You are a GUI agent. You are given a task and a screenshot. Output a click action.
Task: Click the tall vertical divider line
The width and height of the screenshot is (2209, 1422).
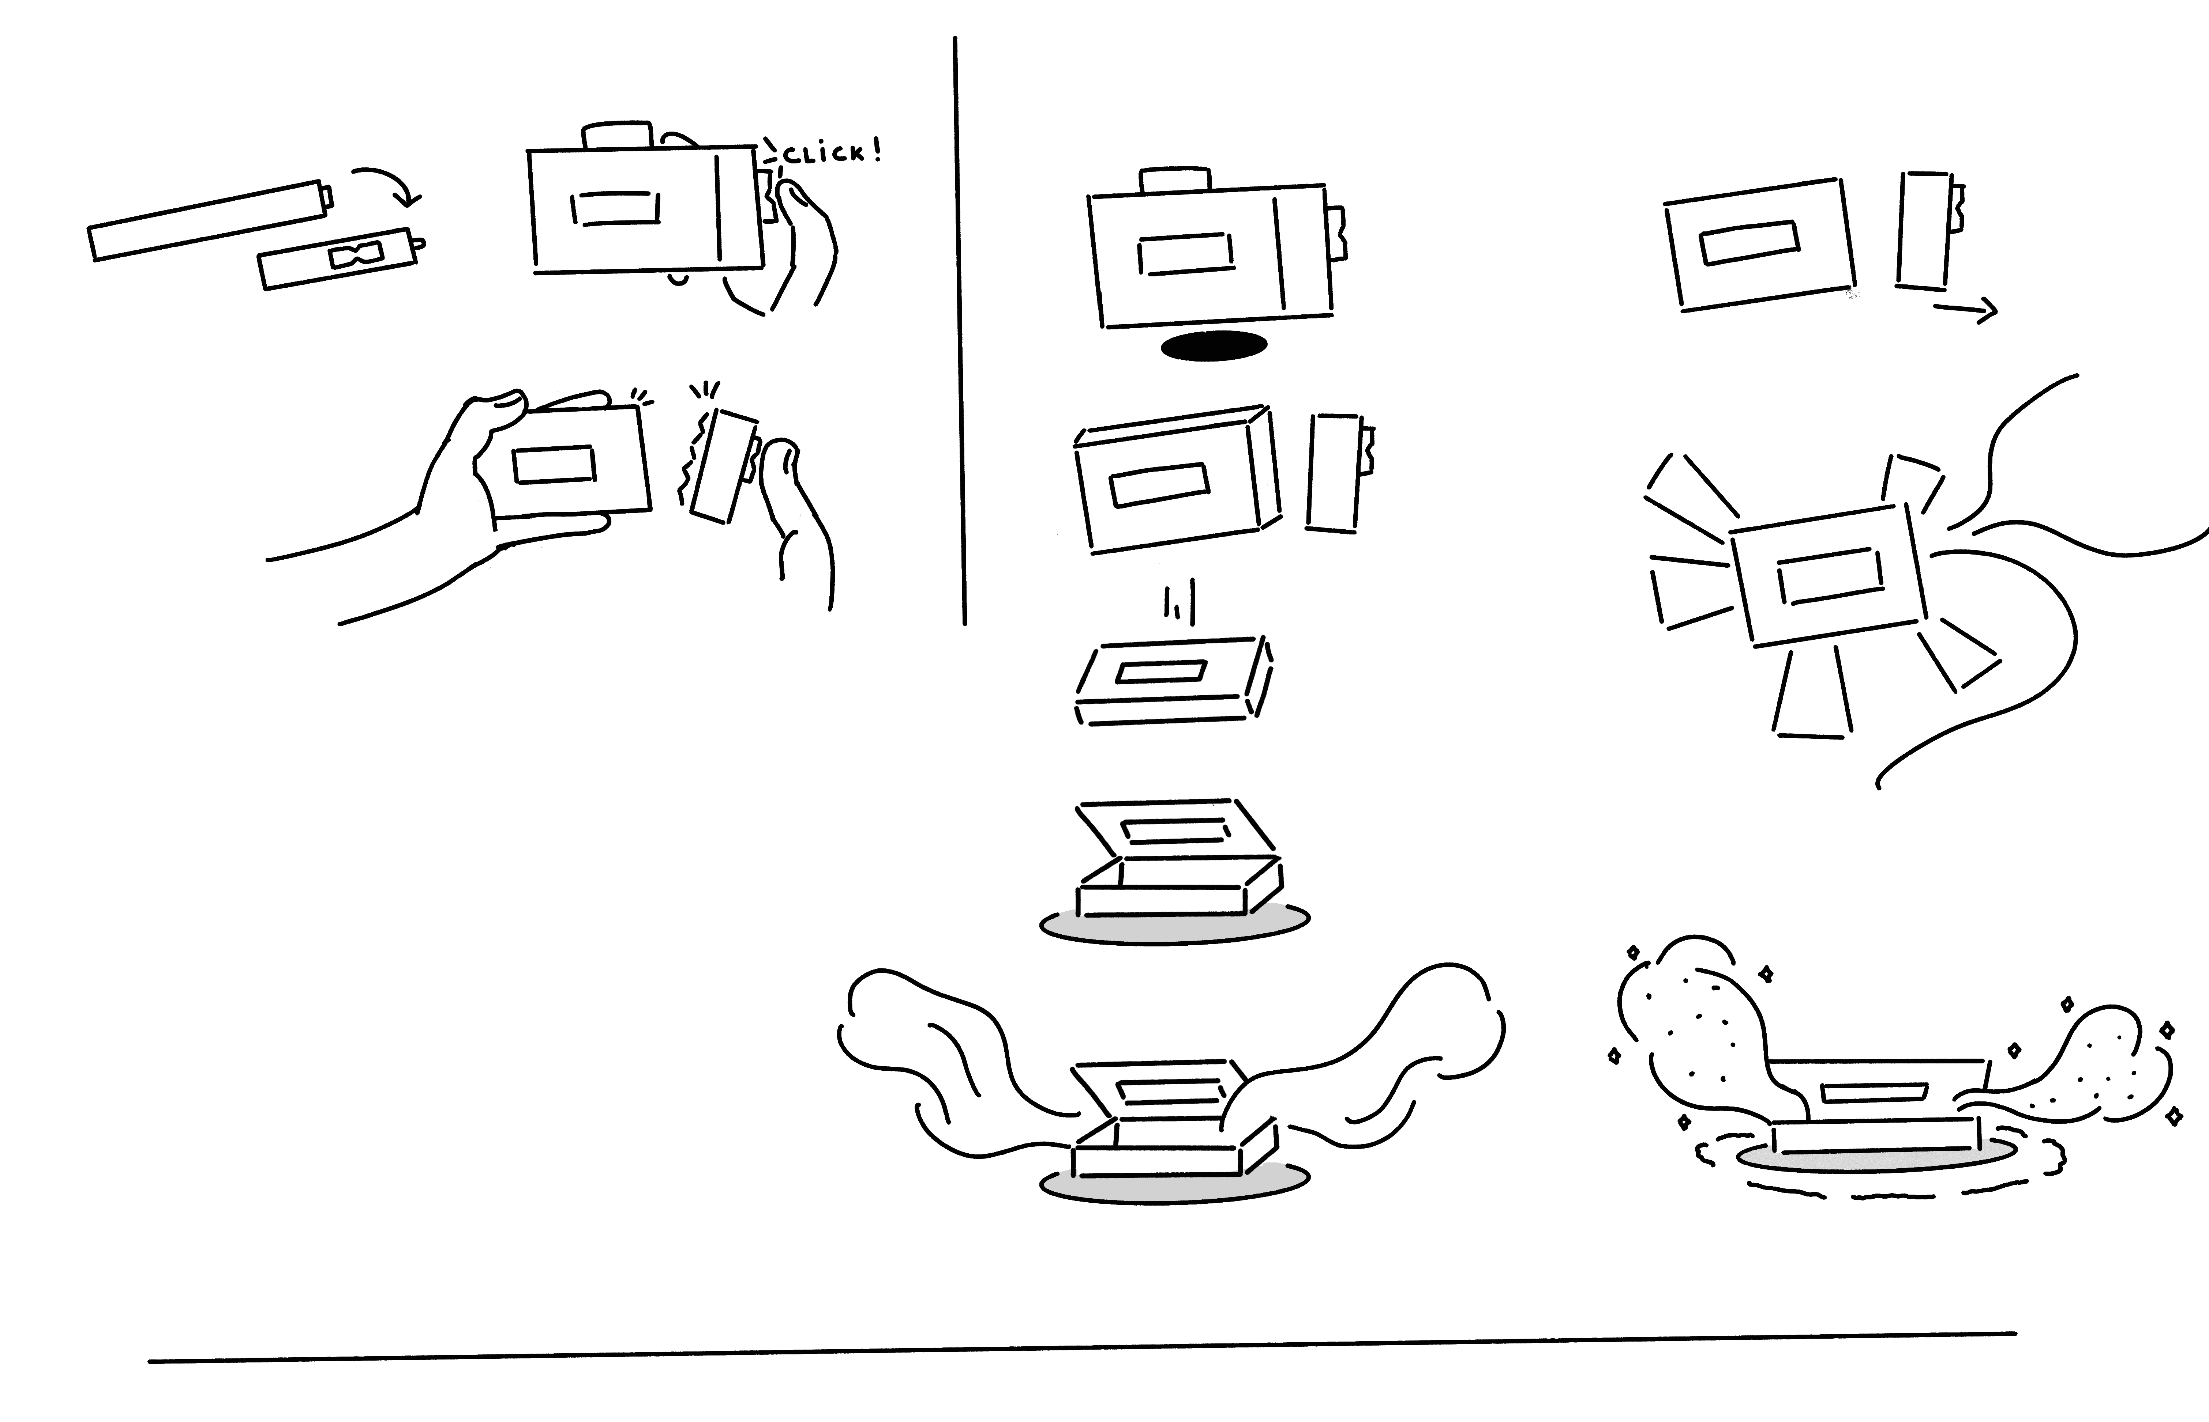coord(959,332)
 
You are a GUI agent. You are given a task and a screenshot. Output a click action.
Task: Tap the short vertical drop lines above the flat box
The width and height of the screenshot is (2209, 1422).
coord(1182,605)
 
